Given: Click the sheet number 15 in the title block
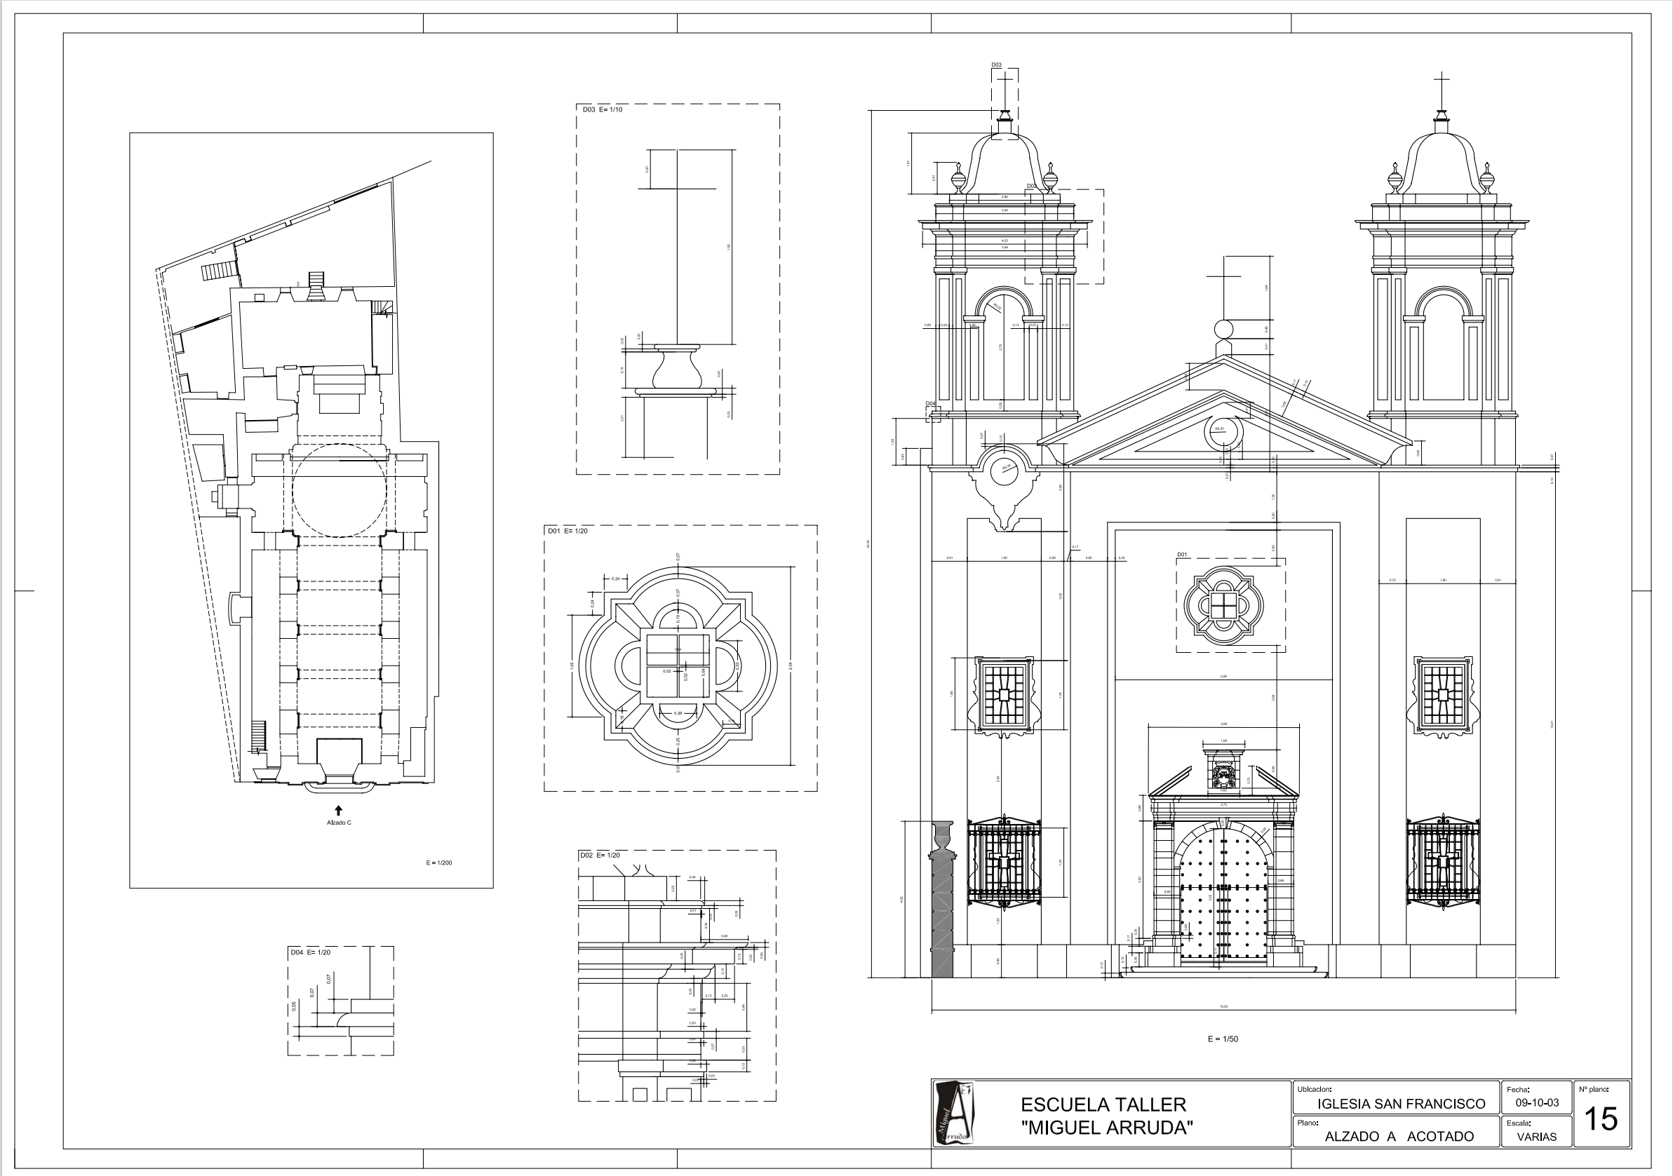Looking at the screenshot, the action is coord(1601,1118).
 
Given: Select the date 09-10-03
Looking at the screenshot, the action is coord(1537,1102).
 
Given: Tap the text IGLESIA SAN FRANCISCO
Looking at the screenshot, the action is coord(1401,1104).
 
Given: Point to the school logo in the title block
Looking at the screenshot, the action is coord(954,1113).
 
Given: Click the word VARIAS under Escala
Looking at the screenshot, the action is coord(1537,1137).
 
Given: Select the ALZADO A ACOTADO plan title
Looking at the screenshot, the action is coord(1399,1137).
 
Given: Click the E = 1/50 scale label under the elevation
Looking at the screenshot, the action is coord(1223,1039).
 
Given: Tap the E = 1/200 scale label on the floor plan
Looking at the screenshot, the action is coord(438,863).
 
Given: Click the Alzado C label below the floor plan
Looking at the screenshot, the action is coord(339,823).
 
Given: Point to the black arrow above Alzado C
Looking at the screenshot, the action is coord(339,809).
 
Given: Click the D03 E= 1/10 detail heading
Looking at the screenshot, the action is coord(602,110).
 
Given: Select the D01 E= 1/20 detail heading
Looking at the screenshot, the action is coord(567,531).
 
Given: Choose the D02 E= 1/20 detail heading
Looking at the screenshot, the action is coord(600,856).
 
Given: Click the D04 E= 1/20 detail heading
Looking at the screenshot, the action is coord(311,952).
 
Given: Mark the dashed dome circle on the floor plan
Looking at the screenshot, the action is coord(339,490).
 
